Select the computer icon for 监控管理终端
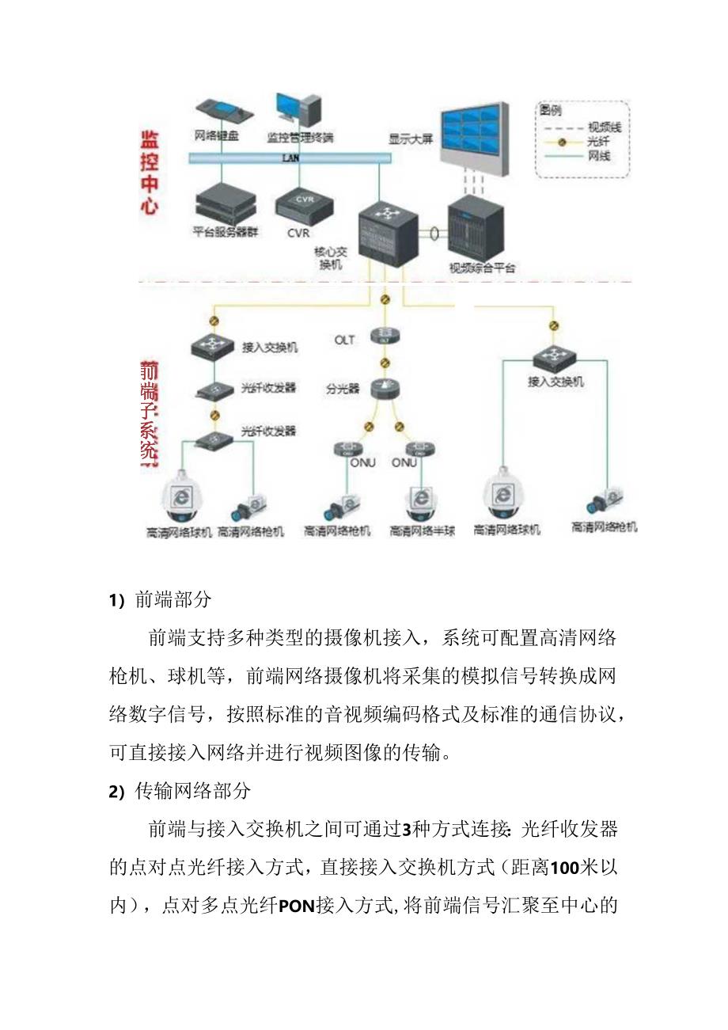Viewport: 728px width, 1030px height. point(299,111)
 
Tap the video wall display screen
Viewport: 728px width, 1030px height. point(476,135)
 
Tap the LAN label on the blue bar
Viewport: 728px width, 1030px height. point(290,158)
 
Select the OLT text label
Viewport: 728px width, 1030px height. point(344,340)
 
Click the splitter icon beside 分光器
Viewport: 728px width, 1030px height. point(385,389)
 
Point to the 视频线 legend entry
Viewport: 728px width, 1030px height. point(597,127)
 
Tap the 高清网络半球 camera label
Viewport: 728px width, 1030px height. point(422,531)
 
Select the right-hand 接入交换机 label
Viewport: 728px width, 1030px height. point(555,382)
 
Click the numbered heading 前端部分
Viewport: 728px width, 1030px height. point(173,599)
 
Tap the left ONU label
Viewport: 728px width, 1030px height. point(362,462)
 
